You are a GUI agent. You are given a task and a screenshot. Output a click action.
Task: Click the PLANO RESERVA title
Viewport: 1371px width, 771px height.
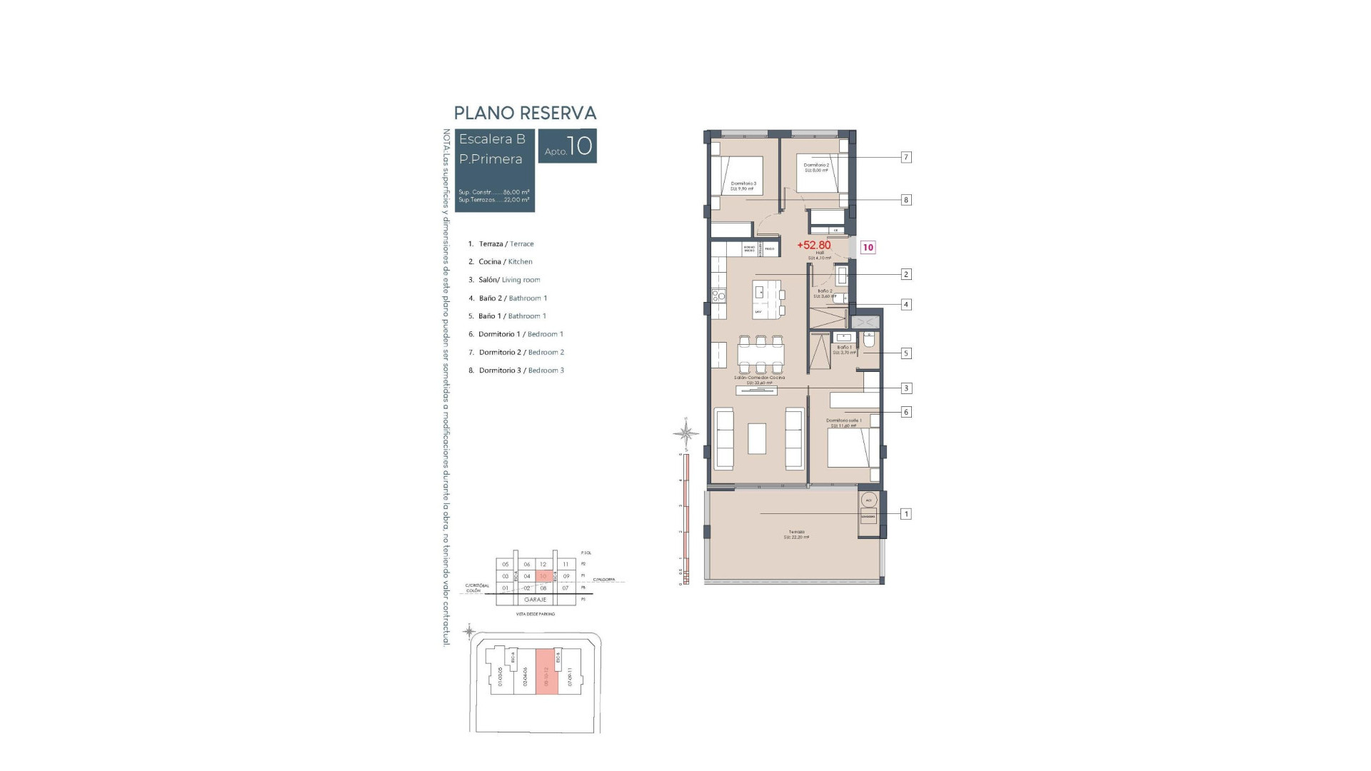point(525,113)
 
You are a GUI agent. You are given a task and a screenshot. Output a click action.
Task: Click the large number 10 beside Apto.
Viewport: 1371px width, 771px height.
point(580,146)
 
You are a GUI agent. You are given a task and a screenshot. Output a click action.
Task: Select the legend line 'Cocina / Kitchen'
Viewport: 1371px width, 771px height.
point(505,262)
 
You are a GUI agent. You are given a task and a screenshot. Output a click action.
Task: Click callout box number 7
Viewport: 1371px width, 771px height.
point(905,157)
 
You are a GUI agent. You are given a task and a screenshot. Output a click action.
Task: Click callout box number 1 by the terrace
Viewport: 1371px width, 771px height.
point(905,514)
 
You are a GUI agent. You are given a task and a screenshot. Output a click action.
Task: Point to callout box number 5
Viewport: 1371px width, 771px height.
point(905,353)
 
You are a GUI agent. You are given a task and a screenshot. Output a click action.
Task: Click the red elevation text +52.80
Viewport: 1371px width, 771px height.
point(814,245)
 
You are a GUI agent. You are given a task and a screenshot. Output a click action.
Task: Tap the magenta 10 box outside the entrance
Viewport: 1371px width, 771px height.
point(868,248)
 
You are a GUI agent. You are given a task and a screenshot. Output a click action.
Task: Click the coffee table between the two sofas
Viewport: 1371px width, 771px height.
point(757,438)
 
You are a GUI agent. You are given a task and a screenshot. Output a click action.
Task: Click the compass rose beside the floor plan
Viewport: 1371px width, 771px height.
point(685,433)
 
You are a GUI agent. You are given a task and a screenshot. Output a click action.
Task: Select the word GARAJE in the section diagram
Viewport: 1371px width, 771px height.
point(535,600)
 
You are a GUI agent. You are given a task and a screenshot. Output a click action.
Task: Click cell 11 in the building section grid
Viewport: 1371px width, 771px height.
point(566,564)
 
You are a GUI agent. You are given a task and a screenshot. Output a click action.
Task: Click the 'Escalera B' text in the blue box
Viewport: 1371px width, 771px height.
point(492,139)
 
